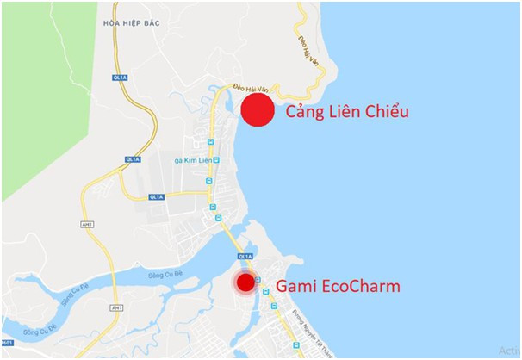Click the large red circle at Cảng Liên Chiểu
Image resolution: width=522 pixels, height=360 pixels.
pyautogui.click(x=257, y=111)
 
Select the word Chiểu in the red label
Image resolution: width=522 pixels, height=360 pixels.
pyautogui.click(x=384, y=112)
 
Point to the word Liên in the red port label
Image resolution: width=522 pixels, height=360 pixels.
pyautogui.click(x=345, y=112)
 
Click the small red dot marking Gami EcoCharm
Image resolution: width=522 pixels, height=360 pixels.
pyautogui.click(x=246, y=282)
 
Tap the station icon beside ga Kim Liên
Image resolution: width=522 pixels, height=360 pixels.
pyautogui.click(x=218, y=161)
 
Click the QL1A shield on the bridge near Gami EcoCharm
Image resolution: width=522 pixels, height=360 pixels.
pyautogui.click(x=245, y=256)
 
